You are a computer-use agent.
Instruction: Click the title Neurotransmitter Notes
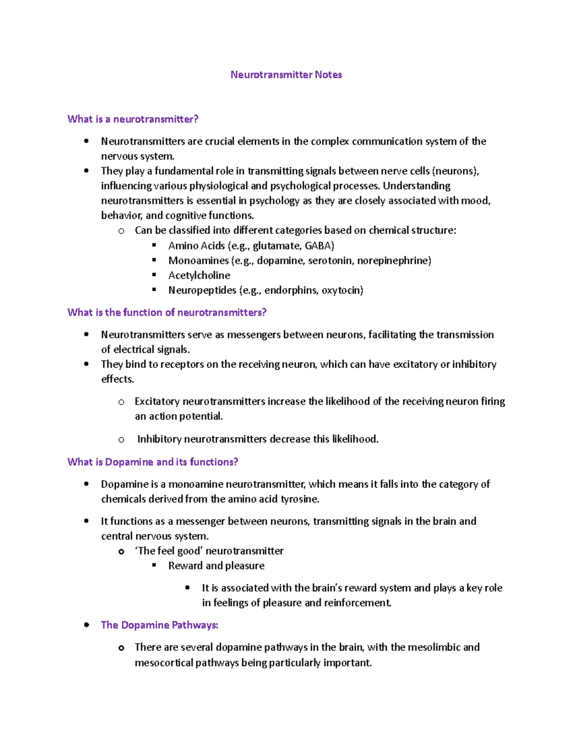click(286, 75)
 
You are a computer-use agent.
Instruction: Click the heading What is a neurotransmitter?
click(133, 119)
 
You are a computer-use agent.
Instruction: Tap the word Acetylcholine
click(199, 275)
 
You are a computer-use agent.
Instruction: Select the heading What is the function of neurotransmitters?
click(167, 313)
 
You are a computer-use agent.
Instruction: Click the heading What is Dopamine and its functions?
click(153, 462)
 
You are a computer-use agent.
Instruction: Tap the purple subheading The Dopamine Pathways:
click(159, 625)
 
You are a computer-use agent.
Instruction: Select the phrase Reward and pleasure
click(216, 566)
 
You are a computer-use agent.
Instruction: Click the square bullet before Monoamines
click(154, 260)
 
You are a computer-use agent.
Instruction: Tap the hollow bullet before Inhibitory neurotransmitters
click(121, 439)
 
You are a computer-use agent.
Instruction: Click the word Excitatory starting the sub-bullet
click(157, 402)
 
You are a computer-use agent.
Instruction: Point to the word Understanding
click(416, 186)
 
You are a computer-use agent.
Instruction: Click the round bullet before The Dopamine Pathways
click(86, 625)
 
